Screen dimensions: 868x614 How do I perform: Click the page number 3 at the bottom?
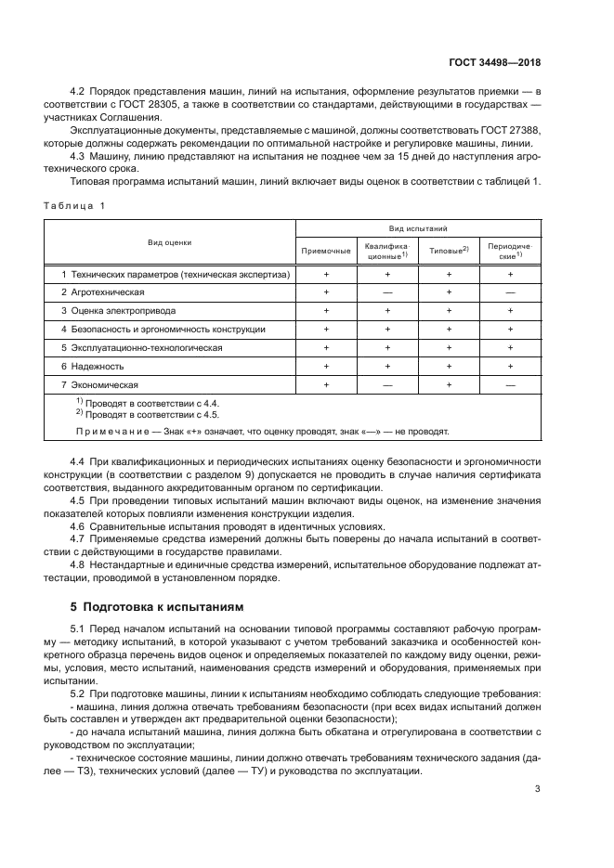[x=538, y=789]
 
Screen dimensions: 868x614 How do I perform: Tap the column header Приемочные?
[x=326, y=252]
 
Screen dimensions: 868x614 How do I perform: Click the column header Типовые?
[x=448, y=252]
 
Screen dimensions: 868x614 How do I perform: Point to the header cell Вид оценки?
[x=169, y=242]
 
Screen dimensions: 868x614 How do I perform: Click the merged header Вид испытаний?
[x=418, y=227]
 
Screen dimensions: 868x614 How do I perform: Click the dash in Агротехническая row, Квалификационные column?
[x=387, y=292]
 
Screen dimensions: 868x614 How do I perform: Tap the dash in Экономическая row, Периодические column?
[x=510, y=384]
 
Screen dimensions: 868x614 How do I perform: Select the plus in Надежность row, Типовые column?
[x=449, y=367]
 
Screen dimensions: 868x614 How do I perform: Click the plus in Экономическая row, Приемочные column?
[x=326, y=384]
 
